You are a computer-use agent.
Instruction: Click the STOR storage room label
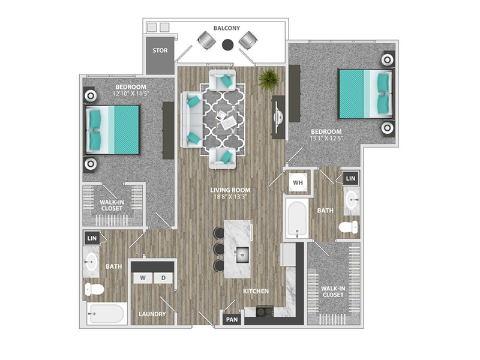[160, 50]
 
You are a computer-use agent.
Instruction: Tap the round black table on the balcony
[227, 44]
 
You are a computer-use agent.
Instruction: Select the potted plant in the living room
[268, 80]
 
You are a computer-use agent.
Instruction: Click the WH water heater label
[298, 183]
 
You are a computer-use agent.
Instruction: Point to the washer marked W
[143, 278]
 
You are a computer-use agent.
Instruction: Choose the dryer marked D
[163, 278]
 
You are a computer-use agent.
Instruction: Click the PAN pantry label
[232, 320]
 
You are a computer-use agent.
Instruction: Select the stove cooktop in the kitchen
[265, 311]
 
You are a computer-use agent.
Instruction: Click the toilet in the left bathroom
[94, 289]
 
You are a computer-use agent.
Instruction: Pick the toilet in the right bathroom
[349, 227]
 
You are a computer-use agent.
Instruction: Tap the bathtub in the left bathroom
[106, 313]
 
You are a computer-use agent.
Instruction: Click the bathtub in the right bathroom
[296, 219]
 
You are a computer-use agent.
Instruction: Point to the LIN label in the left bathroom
[92, 238]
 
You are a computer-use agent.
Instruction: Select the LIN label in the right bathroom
[350, 178]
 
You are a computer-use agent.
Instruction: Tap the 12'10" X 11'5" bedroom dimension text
[131, 94]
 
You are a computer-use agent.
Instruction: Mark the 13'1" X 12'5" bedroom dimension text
[326, 138]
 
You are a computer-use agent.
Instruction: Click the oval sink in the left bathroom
[91, 262]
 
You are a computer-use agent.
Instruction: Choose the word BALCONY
[227, 28]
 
